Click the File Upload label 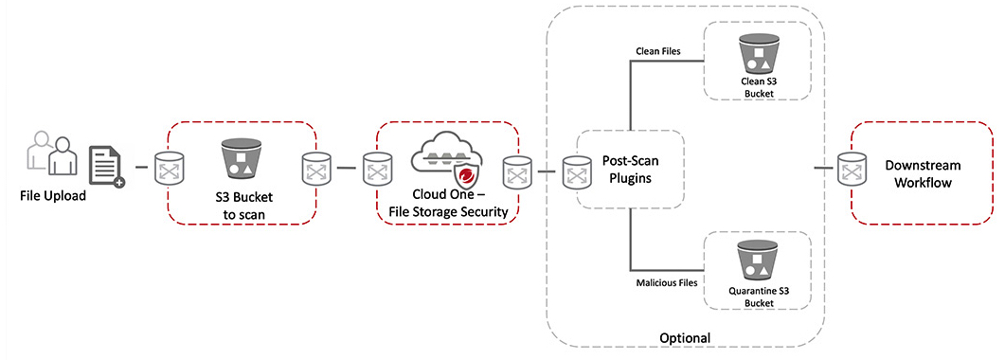[52, 197]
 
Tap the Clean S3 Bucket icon [757, 56]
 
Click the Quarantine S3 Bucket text [757, 297]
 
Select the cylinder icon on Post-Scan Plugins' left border [576, 172]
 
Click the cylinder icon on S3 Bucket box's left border [170, 171]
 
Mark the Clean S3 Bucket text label [757, 87]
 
